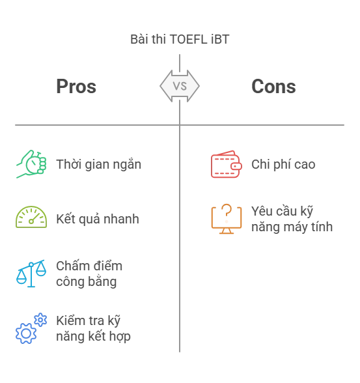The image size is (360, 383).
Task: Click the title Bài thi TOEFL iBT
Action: pyautogui.click(x=180, y=39)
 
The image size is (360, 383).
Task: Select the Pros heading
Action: pyautogui.click(x=76, y=87)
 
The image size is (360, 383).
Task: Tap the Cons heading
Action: pyautogui.click(x=273, y=87)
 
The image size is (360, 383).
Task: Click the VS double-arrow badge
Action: pyautogui.click(x=180, y=86)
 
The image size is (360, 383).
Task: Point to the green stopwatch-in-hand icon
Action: pyautogui.click(x=31, y=164)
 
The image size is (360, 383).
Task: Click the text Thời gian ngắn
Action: pyautogui.click(x=98, y=164)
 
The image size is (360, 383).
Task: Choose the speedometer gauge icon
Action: pyautogui.click(x=31, y=217)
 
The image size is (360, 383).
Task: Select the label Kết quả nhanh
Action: pyautogui.click(x=98, y=219)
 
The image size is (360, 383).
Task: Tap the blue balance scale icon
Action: pyautogui.click(x=31, y=274)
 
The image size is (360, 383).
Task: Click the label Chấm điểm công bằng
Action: pyautogui.click(x=89, y=274)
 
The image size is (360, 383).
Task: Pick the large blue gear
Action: pyautogui.click(x=26, y=333)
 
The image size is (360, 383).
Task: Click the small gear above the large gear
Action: pyautogui.click(x=40, y=320)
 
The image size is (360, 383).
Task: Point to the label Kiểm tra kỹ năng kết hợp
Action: pyautogui.click(x=94, y=328)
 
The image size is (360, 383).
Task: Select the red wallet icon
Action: pyautogui.click(x=227, y=164)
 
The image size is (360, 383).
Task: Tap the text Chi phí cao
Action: pyautogui.click(x=283, y=164)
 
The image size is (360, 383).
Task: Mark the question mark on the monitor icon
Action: pyautogui.click(x=227, y=210)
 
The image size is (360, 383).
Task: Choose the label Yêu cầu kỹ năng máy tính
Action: pyautogui.click(x=292, y=219)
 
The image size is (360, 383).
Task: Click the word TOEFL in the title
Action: pyautogui.click(x=188, y=39)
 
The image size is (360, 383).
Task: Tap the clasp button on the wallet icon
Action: pyautogui.click(x=236, y=166)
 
